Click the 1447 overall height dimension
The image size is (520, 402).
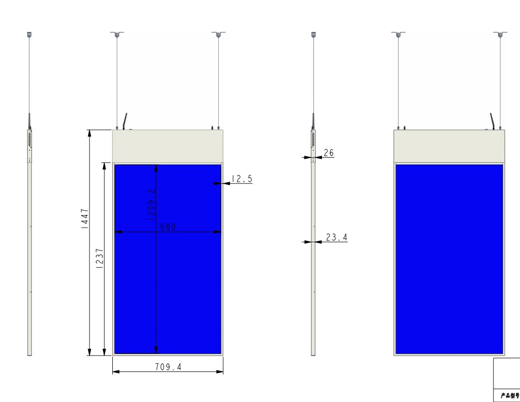pyautogui.click(x=85, y=219)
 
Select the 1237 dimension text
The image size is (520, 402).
pyautogui.click(x=99, y=258)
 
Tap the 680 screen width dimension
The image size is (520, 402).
pyautogui.click(x=168, y=227)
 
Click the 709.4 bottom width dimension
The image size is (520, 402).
pyautogui.click(x=168, y=367)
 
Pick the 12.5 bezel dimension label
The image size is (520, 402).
pyautogui.click(x=242, y=179)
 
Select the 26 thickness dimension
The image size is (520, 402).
pyautogui.click(x=329, y=153)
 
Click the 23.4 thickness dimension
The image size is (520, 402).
pyautogui.click(x=336, y=237)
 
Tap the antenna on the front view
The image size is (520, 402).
pyautogui.click(x=125, y=122)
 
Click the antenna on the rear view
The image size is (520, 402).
pyautogui.click(x=492, y=122)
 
